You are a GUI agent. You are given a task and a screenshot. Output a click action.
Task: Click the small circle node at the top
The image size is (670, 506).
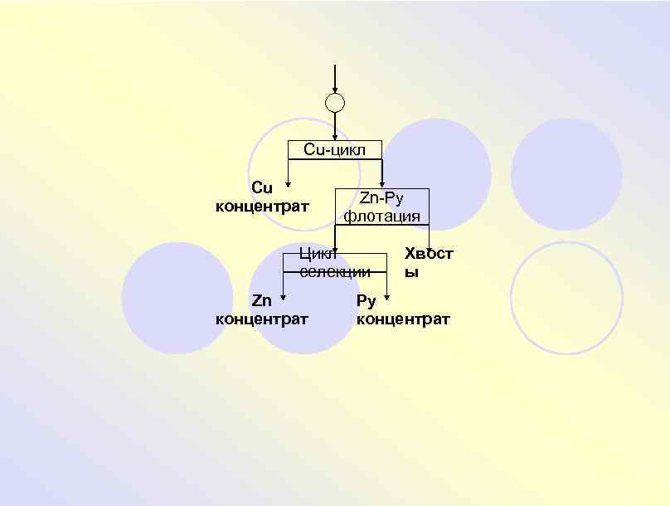click(x=334, y=103)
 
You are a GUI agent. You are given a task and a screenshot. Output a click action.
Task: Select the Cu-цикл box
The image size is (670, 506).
click(x=334, y=149)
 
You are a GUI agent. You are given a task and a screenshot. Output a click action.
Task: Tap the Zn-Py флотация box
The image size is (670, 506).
click(x=381, y=207)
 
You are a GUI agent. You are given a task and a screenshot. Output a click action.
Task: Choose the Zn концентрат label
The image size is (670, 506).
click(x=262, y=309)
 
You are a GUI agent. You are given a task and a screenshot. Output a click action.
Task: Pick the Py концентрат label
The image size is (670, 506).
click(x=403, y=309)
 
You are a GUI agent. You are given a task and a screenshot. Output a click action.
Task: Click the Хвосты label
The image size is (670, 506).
click(x=428, y=261)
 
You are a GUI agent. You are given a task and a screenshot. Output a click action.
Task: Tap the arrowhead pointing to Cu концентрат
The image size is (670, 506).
click(x=288, y=185)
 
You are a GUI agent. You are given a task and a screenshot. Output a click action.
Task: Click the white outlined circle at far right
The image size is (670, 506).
click(x=566, y=297)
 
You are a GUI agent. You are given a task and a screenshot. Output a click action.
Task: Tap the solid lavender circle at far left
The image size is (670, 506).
click(x=177, y=297)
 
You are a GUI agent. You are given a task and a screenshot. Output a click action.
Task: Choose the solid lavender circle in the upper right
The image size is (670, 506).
click(x=566, y=174)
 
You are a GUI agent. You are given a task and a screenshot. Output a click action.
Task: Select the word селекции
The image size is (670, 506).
click(x=335, y=272)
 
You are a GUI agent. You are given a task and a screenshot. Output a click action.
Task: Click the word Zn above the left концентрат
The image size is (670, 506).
click(x=262, y=300)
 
